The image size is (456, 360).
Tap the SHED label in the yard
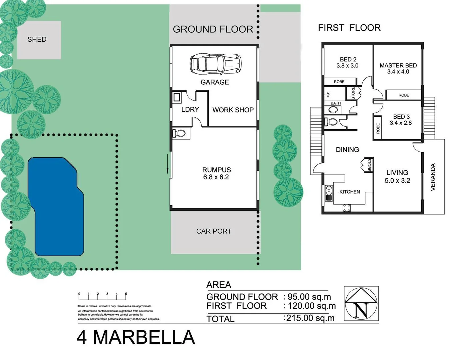(x=37, y=39)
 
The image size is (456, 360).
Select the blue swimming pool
(x=56, y=207)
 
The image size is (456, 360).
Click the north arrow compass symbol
(x=361, y=303)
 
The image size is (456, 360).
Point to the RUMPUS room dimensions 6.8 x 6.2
(x=216, y=177)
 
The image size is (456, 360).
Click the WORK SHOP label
(x=233, y=110)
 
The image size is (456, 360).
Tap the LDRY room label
(x=190, y=109)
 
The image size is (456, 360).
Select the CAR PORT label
(x=214, y=231)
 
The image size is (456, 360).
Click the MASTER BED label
(x=398, y=65)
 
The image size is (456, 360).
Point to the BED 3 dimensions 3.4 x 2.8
(x=401, y=123)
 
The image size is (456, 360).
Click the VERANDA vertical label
(x=433, y=177)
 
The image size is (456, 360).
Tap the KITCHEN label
(x=349, y=192)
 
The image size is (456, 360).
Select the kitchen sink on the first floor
(x=329, y=193)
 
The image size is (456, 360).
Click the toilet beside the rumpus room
(x=179, y=134)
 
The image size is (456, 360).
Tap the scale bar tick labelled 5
(x=126, y=294)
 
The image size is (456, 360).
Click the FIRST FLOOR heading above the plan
(x=349, y=28)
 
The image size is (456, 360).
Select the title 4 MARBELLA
(x=136, y=337)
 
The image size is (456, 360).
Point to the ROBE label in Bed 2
(x=339, y=82)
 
